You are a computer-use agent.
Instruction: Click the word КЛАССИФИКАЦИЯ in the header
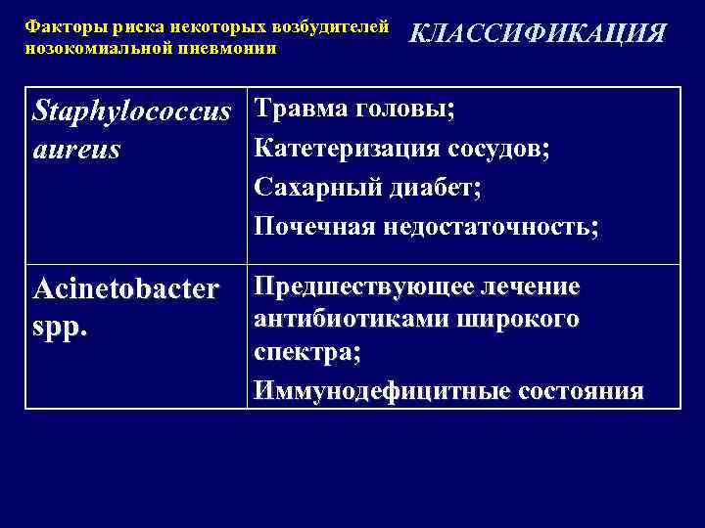coord(537,34)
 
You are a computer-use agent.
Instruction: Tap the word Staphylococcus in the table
coord(132,111)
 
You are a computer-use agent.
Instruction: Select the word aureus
coord(76,149)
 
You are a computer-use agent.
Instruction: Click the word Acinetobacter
coord(125,289)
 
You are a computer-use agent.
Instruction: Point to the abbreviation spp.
coord(61,326)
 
